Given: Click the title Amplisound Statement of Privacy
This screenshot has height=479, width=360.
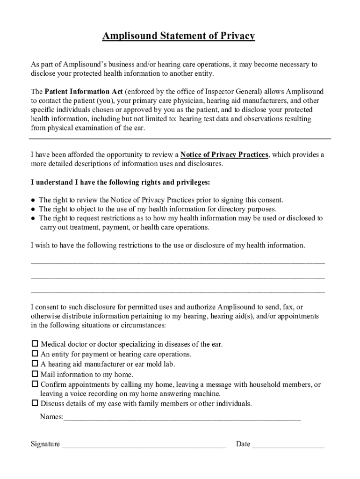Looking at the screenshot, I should (x=179, y=36).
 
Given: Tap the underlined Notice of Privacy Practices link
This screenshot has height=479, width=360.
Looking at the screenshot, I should (x=224, y=155).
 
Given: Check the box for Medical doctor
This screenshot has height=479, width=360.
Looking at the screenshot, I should (x=35, y=344).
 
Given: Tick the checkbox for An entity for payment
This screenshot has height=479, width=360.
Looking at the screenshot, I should (x=35, y=354).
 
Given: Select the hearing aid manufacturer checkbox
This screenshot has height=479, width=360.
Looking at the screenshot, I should (x=35, y=364).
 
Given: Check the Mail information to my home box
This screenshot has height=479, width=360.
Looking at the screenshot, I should (x=35, y=374).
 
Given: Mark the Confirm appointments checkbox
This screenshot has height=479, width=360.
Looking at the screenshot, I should (x=35, y=384).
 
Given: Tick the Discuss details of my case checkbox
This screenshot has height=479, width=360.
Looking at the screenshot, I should (x=35, y=403).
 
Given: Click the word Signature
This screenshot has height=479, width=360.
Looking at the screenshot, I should (x=45, y=444).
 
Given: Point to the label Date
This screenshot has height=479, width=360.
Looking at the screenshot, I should (x=243, y=444).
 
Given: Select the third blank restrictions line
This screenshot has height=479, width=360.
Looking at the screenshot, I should (x=178, y=292).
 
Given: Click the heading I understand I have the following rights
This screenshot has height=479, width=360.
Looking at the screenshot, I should (x=121, y=182).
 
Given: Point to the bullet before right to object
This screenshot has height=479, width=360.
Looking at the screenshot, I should (x=33, y=210).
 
